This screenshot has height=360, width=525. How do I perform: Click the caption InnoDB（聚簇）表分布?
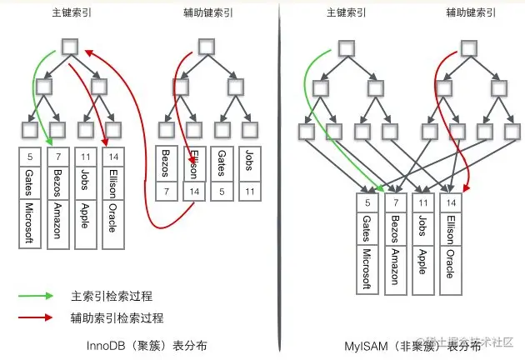(x=147, y=345)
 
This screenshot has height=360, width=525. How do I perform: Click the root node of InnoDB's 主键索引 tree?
(x=71, y=47)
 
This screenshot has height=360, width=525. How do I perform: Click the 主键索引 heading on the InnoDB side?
(x=69, y=14)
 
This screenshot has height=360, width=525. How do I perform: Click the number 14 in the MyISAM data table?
(x=451, y=202)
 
